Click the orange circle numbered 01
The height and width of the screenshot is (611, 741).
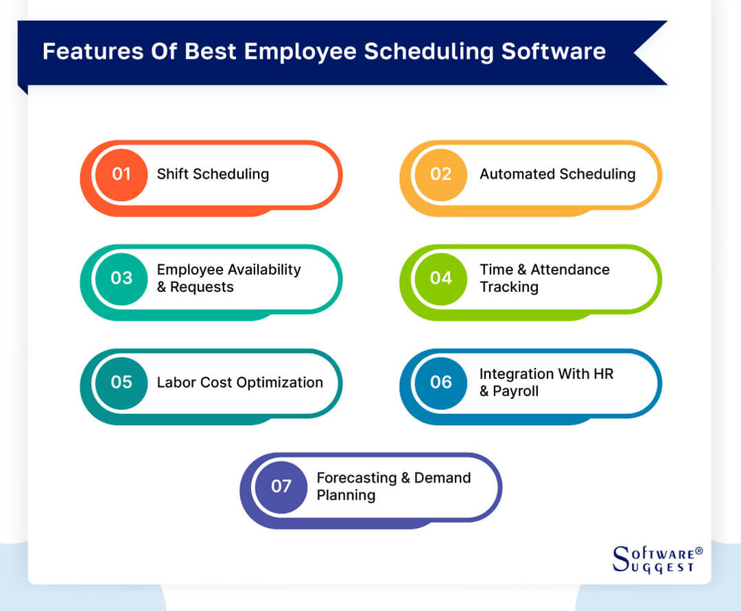tap(121, 174)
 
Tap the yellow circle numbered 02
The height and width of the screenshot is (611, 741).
tap(441, 174)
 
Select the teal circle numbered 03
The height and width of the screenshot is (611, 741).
tap(121, 278)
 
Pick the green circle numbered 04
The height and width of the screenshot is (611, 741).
tap(441, 278)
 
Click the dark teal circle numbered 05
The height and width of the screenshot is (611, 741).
tap(121, 382)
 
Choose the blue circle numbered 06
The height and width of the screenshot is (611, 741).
tap(441, 382)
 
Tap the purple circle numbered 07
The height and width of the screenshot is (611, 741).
tap(281, 487)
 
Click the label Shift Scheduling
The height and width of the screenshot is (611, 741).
tap(213, 174)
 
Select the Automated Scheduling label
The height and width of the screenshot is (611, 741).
tap(557, 174)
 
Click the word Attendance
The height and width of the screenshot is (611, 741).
tap(569, 270)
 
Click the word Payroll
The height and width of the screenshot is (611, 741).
tap(515, 391)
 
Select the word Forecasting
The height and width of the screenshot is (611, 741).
tap(356, 478)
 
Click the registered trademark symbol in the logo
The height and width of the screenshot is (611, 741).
tap(698, 551)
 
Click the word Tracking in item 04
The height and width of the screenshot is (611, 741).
tap(509, 287)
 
